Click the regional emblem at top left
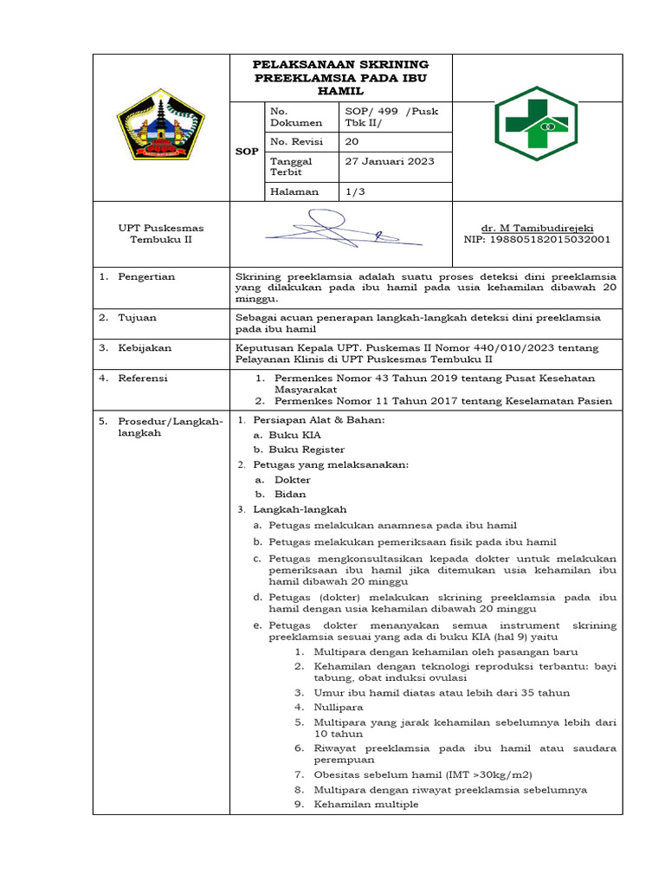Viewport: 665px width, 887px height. coord(161,127)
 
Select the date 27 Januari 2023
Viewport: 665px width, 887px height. coord(390,161)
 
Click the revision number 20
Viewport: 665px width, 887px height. coord(352,141)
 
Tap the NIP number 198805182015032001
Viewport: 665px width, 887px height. coord(537,239)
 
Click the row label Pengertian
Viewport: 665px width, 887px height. coord(146,276)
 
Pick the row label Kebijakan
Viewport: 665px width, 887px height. coord(145,347)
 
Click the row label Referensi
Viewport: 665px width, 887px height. coord(143,378)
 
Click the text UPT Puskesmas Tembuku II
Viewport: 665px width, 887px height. coord(161,234)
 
